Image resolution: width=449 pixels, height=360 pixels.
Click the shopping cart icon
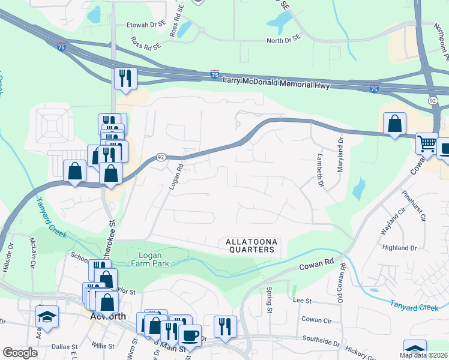[x=427, y=143]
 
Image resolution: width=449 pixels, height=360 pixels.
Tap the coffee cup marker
[x=190, y=335]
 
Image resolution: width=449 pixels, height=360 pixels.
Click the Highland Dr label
[x=399, y=247]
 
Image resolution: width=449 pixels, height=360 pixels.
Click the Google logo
[x=20, y=353]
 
